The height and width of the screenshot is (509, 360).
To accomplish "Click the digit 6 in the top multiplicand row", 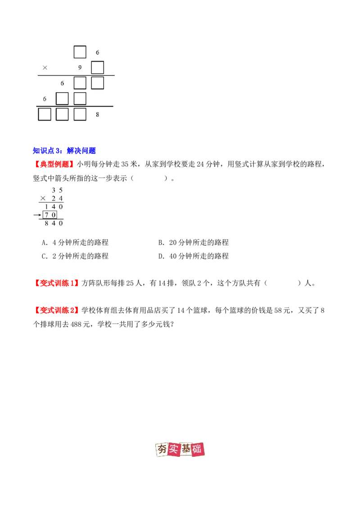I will click(x=98, y=53).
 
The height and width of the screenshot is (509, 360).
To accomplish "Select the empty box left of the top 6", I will click(x=80, y=52).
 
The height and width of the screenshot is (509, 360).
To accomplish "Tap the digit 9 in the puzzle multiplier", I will click(x=80, y=68).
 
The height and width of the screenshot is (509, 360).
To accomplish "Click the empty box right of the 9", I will click(x=97, y=67).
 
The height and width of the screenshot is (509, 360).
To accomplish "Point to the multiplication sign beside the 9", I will click(x=45, y=68).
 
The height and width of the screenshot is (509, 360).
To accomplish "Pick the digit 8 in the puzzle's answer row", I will click(x=98, y=115).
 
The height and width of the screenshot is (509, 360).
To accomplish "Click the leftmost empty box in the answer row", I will click(x=45, y=114).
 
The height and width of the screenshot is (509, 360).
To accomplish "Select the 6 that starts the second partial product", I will click(x=45, y=99).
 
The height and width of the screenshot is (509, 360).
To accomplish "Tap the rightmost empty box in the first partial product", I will click(x=97, y=83).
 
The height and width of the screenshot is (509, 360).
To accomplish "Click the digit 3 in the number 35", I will click(x=54, y=190).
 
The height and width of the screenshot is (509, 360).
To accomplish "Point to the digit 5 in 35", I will click(x=61, y=190).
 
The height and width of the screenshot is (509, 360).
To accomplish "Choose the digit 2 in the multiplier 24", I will click(x=54, y=198).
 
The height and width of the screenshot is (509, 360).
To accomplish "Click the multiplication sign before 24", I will click(x=43, y=198).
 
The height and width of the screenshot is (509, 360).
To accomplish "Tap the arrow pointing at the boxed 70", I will click(x=37, y=215).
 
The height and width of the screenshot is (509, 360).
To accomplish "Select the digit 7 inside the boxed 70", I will click(x=46, y=215).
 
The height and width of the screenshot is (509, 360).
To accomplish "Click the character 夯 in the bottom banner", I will click(x=161, y=450).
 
